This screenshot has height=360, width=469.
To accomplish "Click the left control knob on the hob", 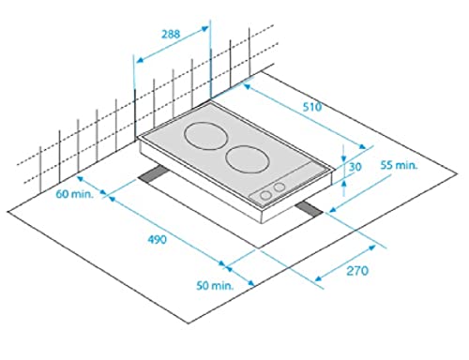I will click(266, 193).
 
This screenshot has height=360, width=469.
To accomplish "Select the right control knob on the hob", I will click(279, 188).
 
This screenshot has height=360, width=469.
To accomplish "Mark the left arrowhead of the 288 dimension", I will click(137, 62).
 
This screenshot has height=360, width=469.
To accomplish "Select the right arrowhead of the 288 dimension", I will click(207, 27).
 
